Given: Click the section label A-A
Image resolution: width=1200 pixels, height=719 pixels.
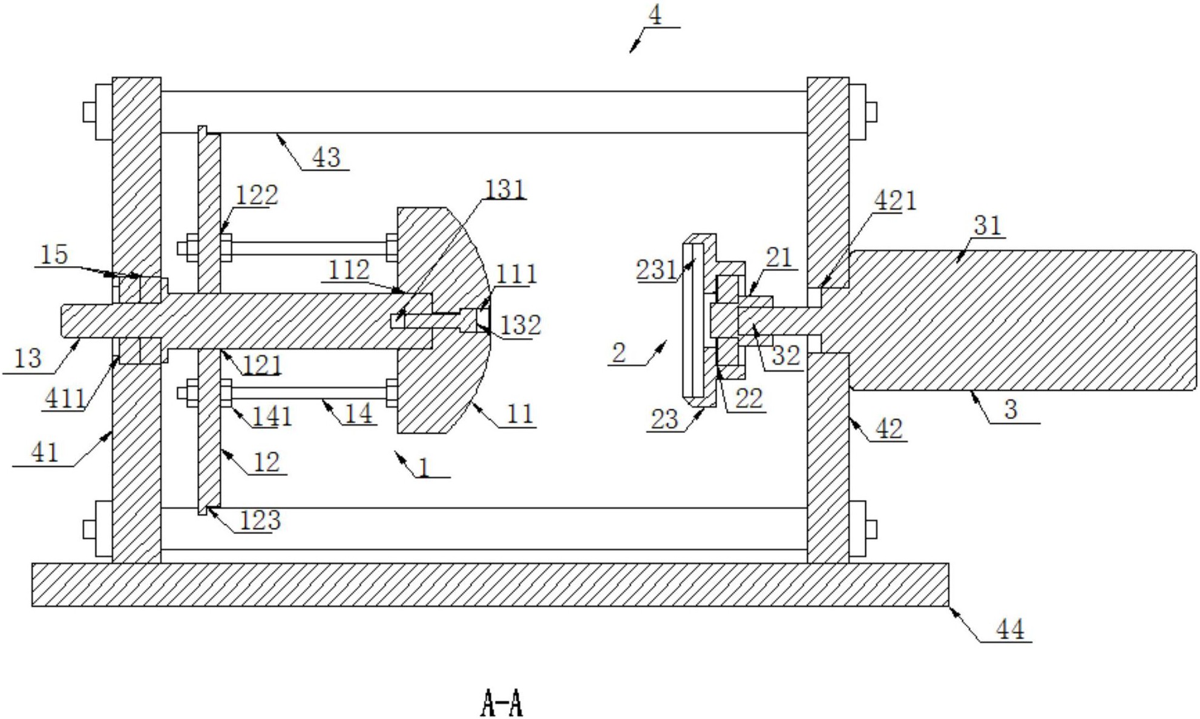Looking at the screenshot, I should pos(502,703).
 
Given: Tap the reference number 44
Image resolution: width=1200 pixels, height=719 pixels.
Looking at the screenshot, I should pos(1010,630).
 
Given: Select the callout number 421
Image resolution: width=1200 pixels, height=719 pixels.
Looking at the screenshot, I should pos(895,200).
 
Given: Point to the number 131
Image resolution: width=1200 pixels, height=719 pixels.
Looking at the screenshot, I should pos(505,189).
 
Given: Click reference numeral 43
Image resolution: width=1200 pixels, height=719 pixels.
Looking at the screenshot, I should pos(326,158).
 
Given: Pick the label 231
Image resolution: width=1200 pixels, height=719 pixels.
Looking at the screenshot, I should pos(656,269).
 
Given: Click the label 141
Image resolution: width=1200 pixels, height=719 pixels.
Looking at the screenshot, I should pos(272,416).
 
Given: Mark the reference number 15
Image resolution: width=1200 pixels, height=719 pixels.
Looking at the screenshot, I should pos(54,255).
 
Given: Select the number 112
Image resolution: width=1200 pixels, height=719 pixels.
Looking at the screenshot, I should pos(349,270).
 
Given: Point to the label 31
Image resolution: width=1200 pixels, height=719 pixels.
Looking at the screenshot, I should pos(988,226).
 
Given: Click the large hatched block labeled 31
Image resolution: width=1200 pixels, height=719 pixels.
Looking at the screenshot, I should pos(1023,320).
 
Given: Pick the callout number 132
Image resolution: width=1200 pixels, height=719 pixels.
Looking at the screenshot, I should pos(520,325).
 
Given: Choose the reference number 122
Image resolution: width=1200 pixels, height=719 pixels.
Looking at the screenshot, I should pos(257,195).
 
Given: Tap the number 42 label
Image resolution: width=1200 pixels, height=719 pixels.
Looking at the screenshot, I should pos(889,429).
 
